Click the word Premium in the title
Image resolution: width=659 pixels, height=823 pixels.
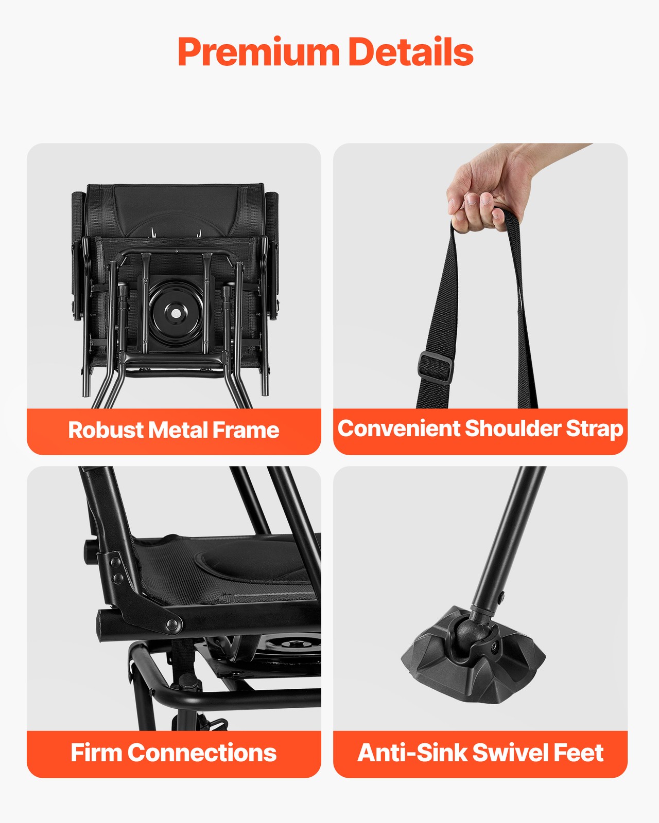(258, 52)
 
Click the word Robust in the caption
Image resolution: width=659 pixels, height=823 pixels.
(106, 430)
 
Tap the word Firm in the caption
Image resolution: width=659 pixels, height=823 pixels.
(96, 753)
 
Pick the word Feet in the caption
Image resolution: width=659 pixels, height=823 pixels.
(579, 753)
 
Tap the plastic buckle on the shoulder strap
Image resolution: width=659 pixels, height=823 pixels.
(435, 367)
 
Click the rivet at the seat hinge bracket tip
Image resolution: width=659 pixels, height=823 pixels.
(172, 624)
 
